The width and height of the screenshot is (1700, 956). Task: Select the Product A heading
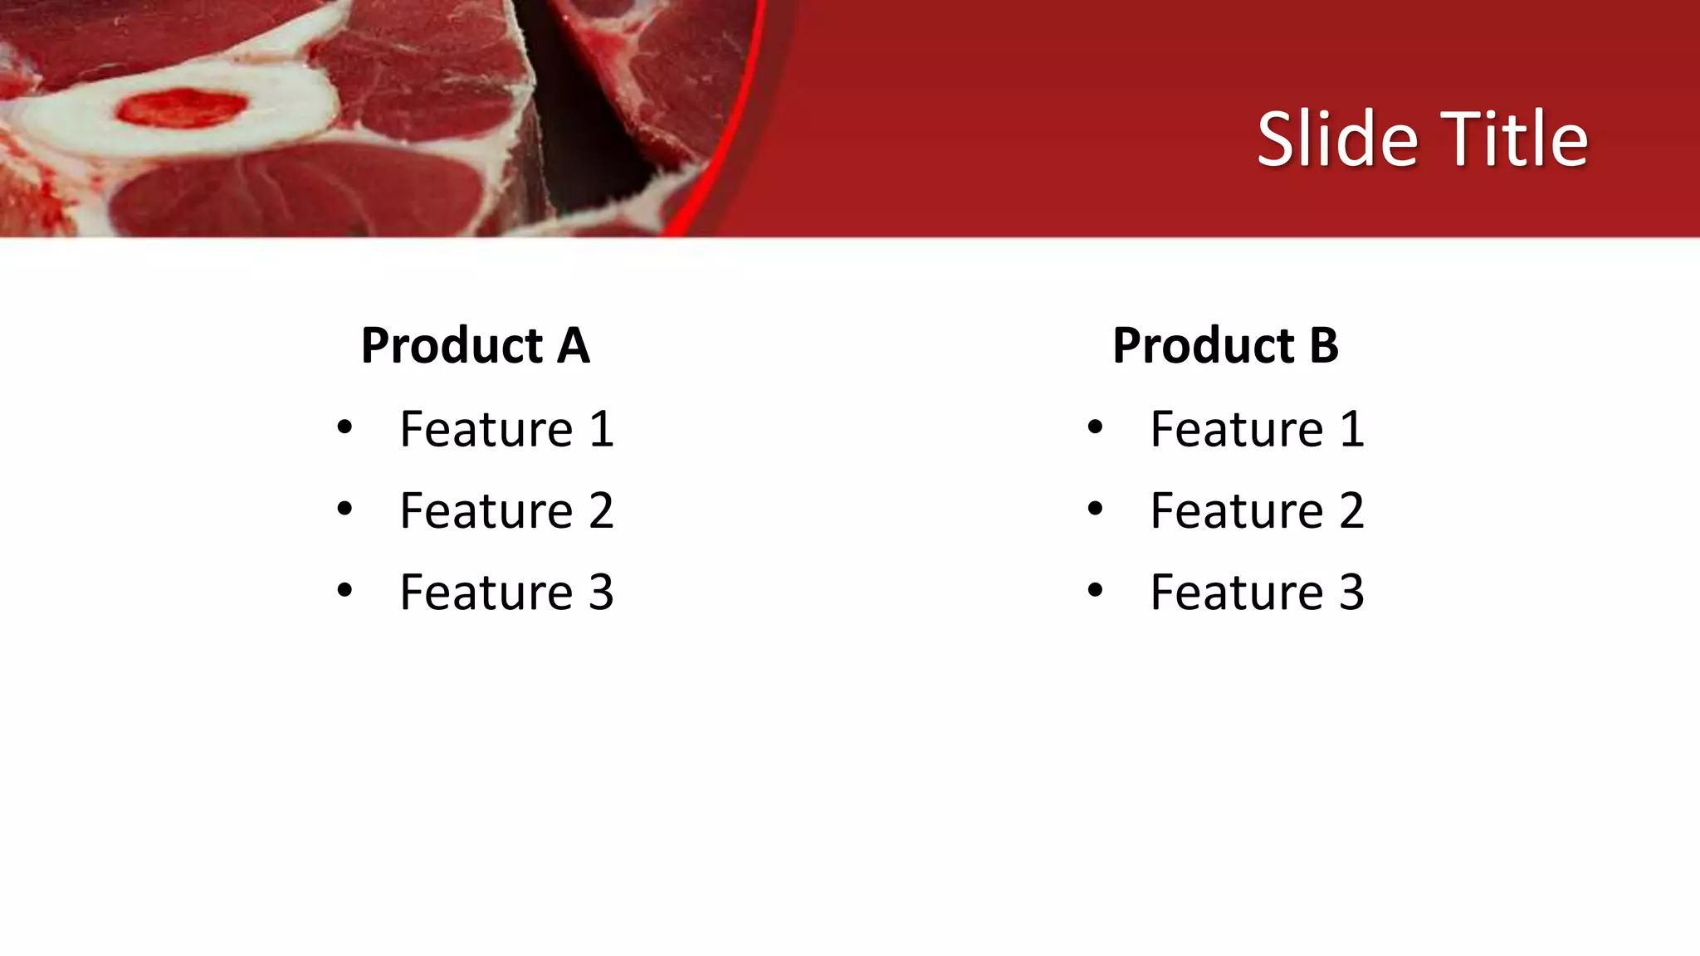pyautogui.click(x=475, y=345)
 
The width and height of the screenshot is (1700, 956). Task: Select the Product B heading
pyautogui.click(x=1225, y=345)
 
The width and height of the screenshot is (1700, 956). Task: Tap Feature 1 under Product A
pyautogui.click(x=506, y=429)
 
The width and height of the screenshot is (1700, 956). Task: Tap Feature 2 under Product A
pyautogui.click(x=506, y=510)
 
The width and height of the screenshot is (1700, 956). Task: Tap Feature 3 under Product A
pyautogui.click(x=506, y=593)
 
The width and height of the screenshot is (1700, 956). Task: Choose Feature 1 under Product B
pyautogui.click(x=1257, y=429)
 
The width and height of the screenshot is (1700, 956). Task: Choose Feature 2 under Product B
pyautogui.click(x=1257, y=510)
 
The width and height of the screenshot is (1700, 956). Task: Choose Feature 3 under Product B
pyautogui.click(x=1257, y=593)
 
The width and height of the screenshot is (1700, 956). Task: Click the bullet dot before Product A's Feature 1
pyautogui.click(x=344, y=428)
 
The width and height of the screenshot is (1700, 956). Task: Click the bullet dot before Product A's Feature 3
pyautogui.click(x=344, y=591)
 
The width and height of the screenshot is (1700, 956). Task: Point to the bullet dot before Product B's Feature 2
pyautogui.click(x=1095, y=509)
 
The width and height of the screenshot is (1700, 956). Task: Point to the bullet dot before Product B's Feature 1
pyautogui.click(x=1095, y=428)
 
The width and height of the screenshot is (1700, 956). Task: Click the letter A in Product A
pyautogui.click(x=573, y=345)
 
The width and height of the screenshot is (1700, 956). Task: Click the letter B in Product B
pyautogui.click(x=1324, y=345)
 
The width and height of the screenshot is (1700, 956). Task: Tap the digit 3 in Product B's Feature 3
pyautogui.click(x=1351, y=593)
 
